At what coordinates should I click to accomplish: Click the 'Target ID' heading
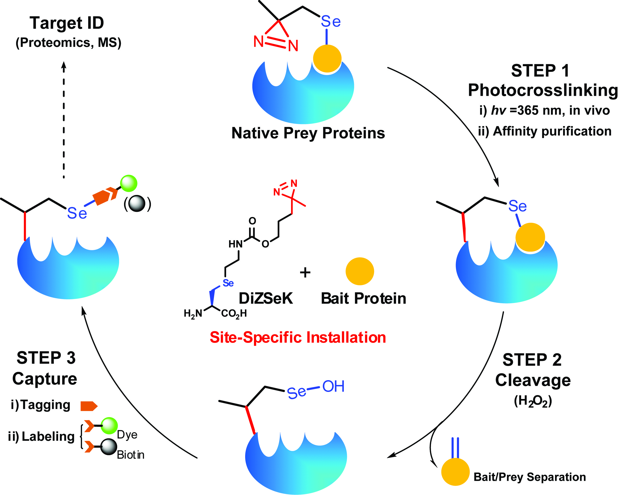tap(67, 23)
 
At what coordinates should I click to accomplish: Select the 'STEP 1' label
tap(540, 71)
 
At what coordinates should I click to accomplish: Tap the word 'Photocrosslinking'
tap(543, 90)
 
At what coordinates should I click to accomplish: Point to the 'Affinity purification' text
tap(552, 131)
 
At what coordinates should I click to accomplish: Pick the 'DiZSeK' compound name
tap(266, 298)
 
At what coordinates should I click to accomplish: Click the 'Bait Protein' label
tap(364, 298)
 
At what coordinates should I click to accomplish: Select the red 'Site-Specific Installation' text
tap(298, 337)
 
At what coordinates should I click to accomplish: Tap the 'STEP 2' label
tap(532, 360)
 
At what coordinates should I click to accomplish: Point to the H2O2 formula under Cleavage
tap(533, 401)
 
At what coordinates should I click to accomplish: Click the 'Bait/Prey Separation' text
tap(529, 477)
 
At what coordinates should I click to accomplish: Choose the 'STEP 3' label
tap(46, 358)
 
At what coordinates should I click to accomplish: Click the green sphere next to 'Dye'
tap(109, 426)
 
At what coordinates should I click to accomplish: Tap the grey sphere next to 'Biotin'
tap(109, 447)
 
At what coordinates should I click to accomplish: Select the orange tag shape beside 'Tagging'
tap(89, 406)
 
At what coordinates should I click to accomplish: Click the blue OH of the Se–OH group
tap(333, 386)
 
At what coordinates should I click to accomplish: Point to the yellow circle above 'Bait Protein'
tap(360, 271)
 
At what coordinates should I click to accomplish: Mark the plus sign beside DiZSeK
tap(305, 272)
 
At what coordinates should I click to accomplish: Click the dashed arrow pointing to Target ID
tap(64, 119)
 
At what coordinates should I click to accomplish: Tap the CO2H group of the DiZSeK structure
tap(234, 313)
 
